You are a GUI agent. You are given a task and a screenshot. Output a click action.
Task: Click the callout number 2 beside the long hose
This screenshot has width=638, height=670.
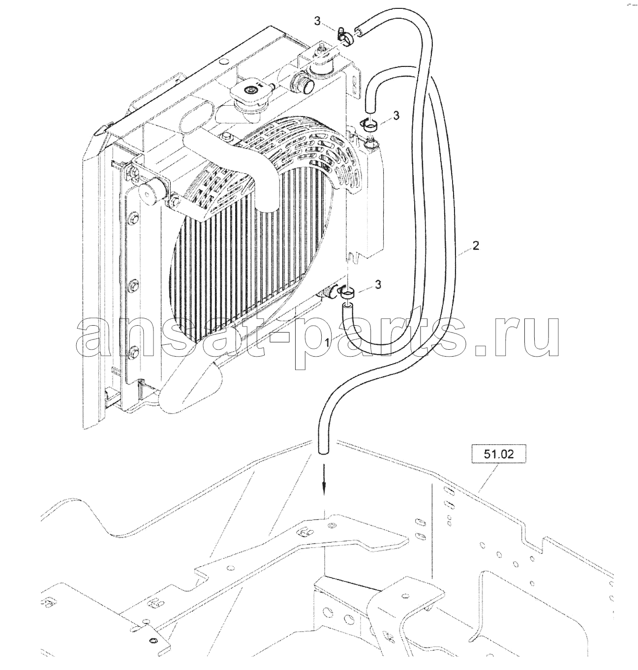point(476,246)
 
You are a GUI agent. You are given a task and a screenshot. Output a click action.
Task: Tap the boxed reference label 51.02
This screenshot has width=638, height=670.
point(499,454)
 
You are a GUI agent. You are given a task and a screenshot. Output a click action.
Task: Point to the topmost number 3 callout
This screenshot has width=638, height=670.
point(318,22)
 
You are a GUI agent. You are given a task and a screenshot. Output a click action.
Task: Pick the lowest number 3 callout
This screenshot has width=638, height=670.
point(378,285)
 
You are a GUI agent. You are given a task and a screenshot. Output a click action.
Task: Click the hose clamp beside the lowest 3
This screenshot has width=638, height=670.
point(345,291)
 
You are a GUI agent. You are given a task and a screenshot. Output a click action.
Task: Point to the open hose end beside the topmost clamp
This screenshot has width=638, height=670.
point(359,30)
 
